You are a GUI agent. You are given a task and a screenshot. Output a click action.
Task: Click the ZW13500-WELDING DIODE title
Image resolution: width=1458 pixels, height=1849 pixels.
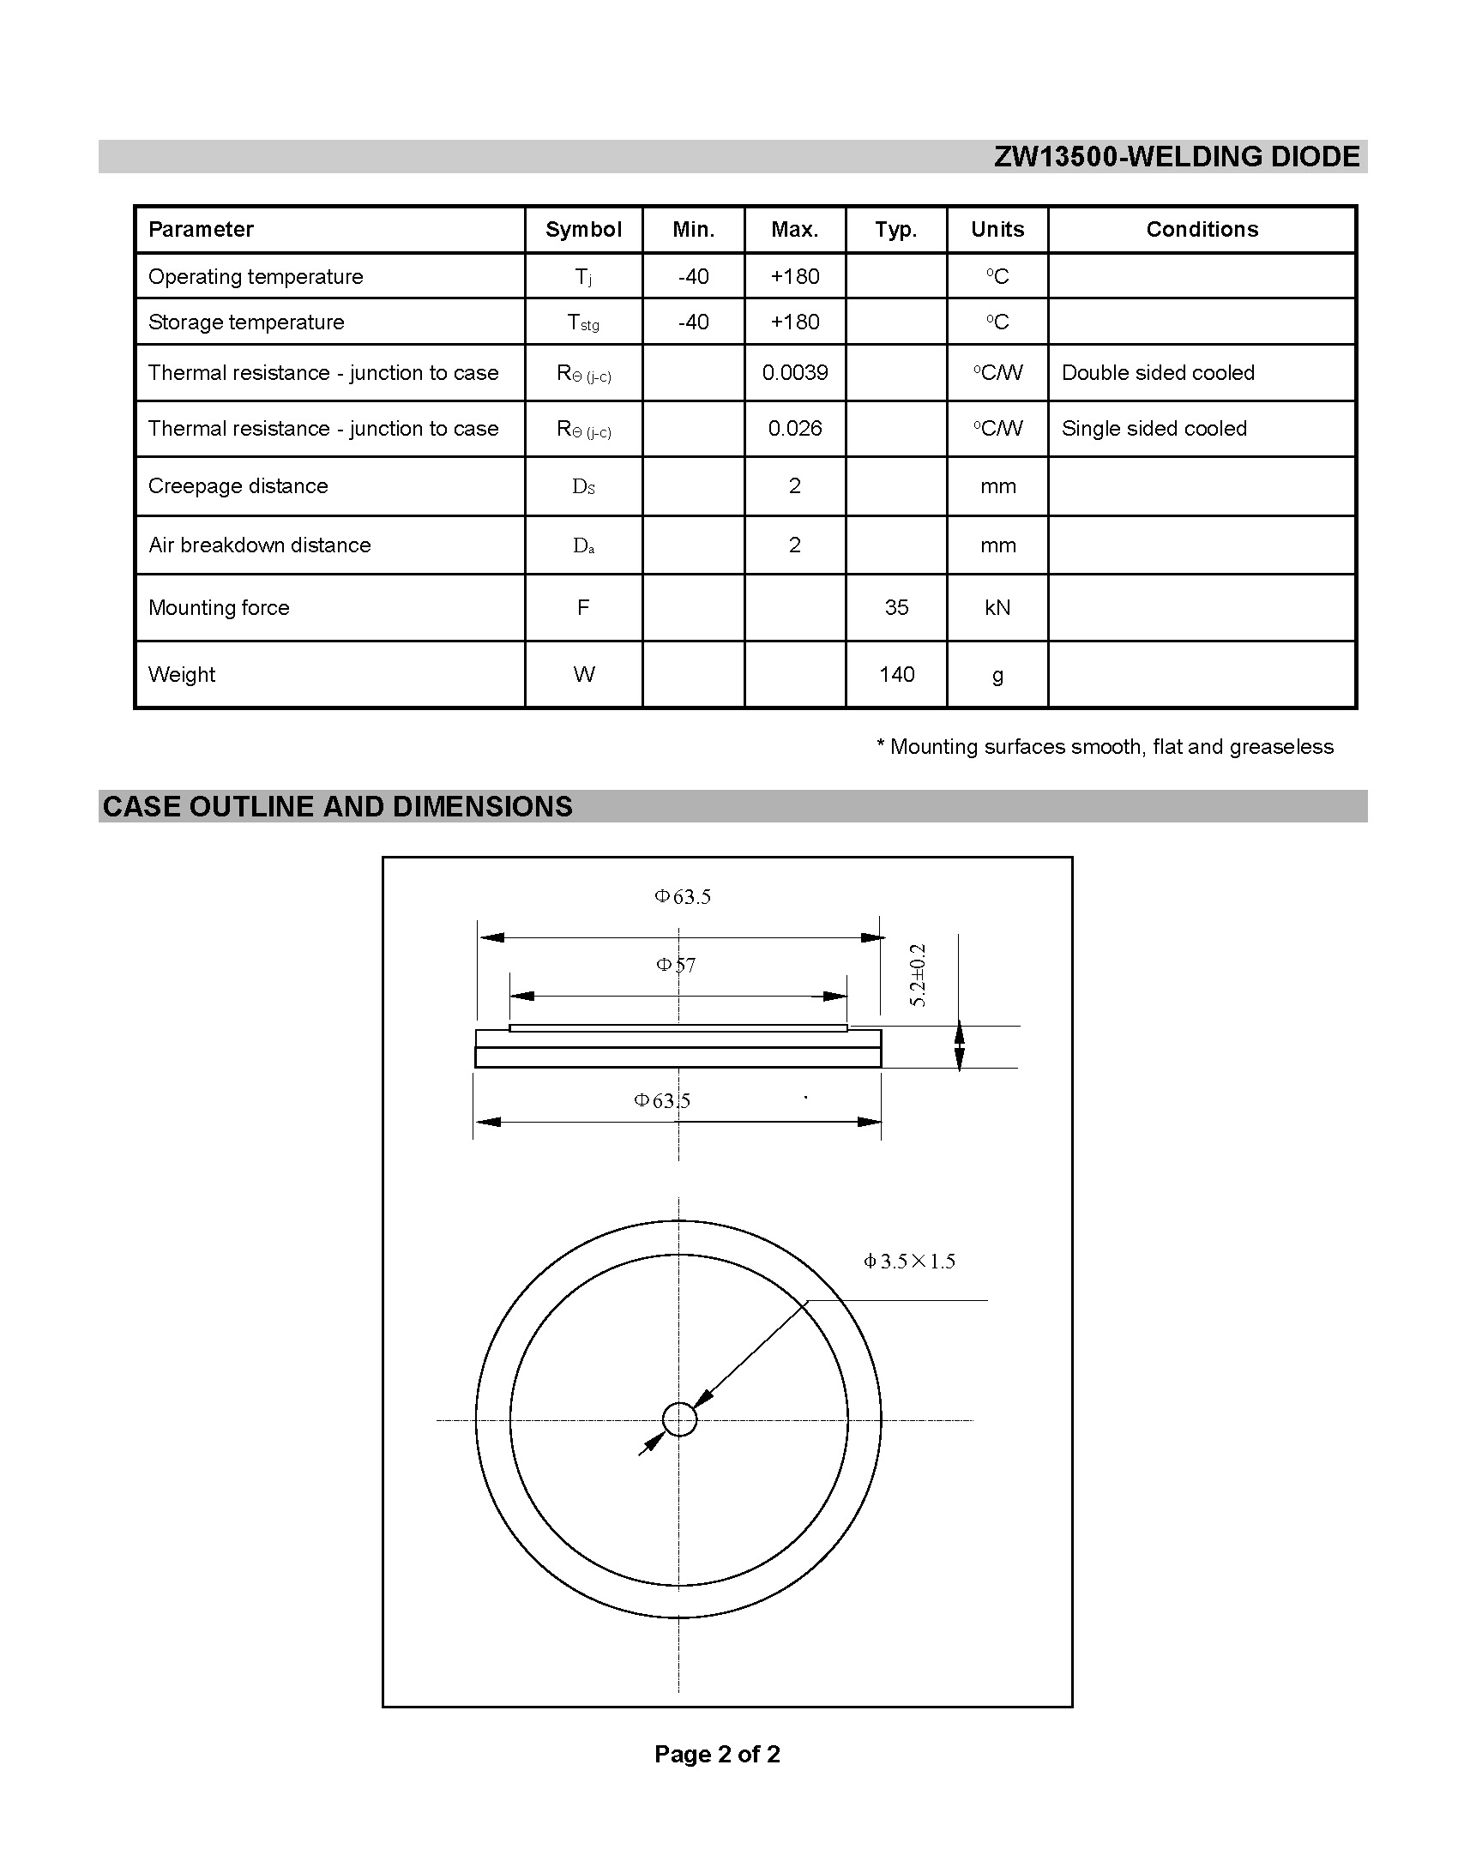(1177, 157)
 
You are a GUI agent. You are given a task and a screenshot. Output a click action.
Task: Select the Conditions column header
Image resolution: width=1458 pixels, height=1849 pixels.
(1202, 230)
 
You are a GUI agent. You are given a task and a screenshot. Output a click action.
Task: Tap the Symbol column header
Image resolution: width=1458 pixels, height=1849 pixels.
(583, 230)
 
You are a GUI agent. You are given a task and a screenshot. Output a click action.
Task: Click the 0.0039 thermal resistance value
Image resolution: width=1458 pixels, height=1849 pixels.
(795, 373)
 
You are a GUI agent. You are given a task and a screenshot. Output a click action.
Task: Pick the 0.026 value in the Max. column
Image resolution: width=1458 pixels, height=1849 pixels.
(795, 429)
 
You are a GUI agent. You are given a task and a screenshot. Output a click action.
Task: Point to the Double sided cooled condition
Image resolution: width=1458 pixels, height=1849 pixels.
(1158, 373)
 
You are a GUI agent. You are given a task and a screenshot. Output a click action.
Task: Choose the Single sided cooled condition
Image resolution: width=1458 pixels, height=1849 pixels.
(1154, 429)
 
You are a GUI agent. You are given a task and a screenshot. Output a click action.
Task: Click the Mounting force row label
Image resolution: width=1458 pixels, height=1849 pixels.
(219, 608)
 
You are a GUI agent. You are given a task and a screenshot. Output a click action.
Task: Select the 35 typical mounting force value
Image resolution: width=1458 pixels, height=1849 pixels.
(896, 608)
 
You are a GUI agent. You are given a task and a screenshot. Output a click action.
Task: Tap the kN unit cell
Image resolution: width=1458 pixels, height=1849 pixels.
(997, 608)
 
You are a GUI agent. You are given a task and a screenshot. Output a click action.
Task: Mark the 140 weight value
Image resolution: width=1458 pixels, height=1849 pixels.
(896, 675)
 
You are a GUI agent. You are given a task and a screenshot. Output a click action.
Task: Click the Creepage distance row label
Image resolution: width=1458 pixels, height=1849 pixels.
(238, 486)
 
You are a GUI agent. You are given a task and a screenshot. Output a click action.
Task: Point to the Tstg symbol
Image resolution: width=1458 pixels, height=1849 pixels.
(583, 323)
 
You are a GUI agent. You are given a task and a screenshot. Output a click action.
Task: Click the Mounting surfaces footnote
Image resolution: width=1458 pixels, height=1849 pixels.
(1105, 747)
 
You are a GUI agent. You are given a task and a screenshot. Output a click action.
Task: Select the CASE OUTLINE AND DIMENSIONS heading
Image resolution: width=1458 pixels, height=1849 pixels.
(337, 807)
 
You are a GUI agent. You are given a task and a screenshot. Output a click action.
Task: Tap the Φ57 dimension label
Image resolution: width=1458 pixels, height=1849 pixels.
(676, 966)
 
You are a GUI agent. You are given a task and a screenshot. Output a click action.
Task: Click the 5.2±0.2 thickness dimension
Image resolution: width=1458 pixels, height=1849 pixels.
(919, 975)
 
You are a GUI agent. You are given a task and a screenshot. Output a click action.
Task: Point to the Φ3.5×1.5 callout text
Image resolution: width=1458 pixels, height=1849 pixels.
(909, 1262)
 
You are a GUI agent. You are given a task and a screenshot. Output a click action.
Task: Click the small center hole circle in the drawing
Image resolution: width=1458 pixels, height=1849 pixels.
(679, 1418)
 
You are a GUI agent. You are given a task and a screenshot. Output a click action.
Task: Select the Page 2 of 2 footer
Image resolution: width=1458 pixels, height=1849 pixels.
(717, 1754)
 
